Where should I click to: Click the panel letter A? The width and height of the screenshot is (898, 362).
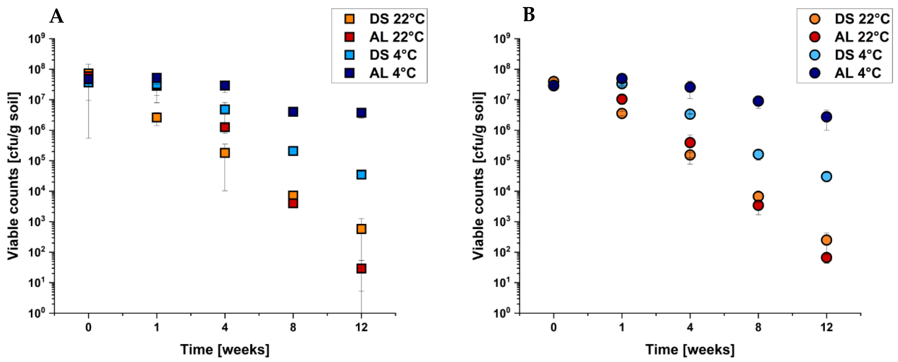coord(56,16)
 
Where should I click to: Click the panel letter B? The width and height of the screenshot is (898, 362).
coord(528,15)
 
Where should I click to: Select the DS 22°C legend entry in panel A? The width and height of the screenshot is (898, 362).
coord(383,19)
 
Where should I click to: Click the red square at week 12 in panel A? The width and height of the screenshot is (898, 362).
coord(361,268)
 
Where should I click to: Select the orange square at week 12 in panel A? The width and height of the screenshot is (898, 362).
coord(361,229)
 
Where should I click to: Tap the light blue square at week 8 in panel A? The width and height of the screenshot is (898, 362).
coord(293,151)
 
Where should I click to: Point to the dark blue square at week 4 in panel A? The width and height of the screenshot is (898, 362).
coord(225,85)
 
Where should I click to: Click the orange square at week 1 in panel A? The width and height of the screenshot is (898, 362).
coord(157,118)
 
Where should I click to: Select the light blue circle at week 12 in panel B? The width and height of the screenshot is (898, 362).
coord(826,176)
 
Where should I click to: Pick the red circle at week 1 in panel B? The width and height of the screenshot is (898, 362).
coord(621,99)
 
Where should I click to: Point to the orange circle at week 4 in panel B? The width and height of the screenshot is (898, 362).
coord(690,155)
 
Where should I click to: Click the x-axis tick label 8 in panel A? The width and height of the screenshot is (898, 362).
coord(293,327)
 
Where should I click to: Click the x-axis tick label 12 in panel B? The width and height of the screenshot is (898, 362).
coord(826,327)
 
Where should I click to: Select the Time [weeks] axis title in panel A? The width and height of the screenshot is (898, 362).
coord(225,349)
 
